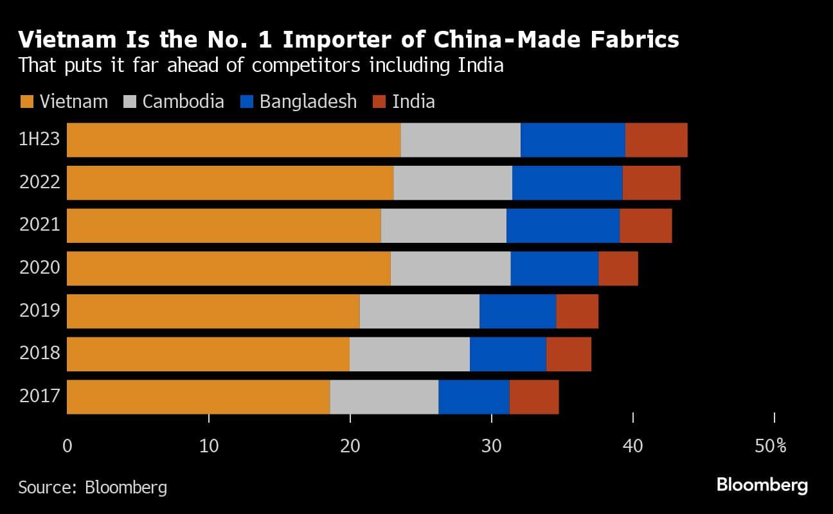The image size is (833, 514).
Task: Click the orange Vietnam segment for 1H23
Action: point(233,139)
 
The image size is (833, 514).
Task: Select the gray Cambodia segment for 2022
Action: point(452,182)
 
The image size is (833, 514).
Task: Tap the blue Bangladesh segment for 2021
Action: point(562,226)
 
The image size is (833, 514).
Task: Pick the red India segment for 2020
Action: point(618,269)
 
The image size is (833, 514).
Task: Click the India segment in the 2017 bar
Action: point(533,397)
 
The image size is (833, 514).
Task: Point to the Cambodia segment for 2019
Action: point(419,312)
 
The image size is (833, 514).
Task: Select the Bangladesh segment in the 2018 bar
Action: point(507,354)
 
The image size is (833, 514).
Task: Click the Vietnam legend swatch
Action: point(26,102)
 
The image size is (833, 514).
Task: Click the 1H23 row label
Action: point(40,139)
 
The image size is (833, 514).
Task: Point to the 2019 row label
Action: point(40,312)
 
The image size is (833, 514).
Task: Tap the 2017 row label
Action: point(40,397)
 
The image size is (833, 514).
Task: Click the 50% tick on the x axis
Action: point(771,446)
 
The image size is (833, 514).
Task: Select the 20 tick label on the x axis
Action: point(350,446)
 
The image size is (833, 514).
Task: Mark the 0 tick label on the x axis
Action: point(67,446)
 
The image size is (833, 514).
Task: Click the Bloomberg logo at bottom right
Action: point(762,485)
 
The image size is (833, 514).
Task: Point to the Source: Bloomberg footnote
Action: point(93,487)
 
